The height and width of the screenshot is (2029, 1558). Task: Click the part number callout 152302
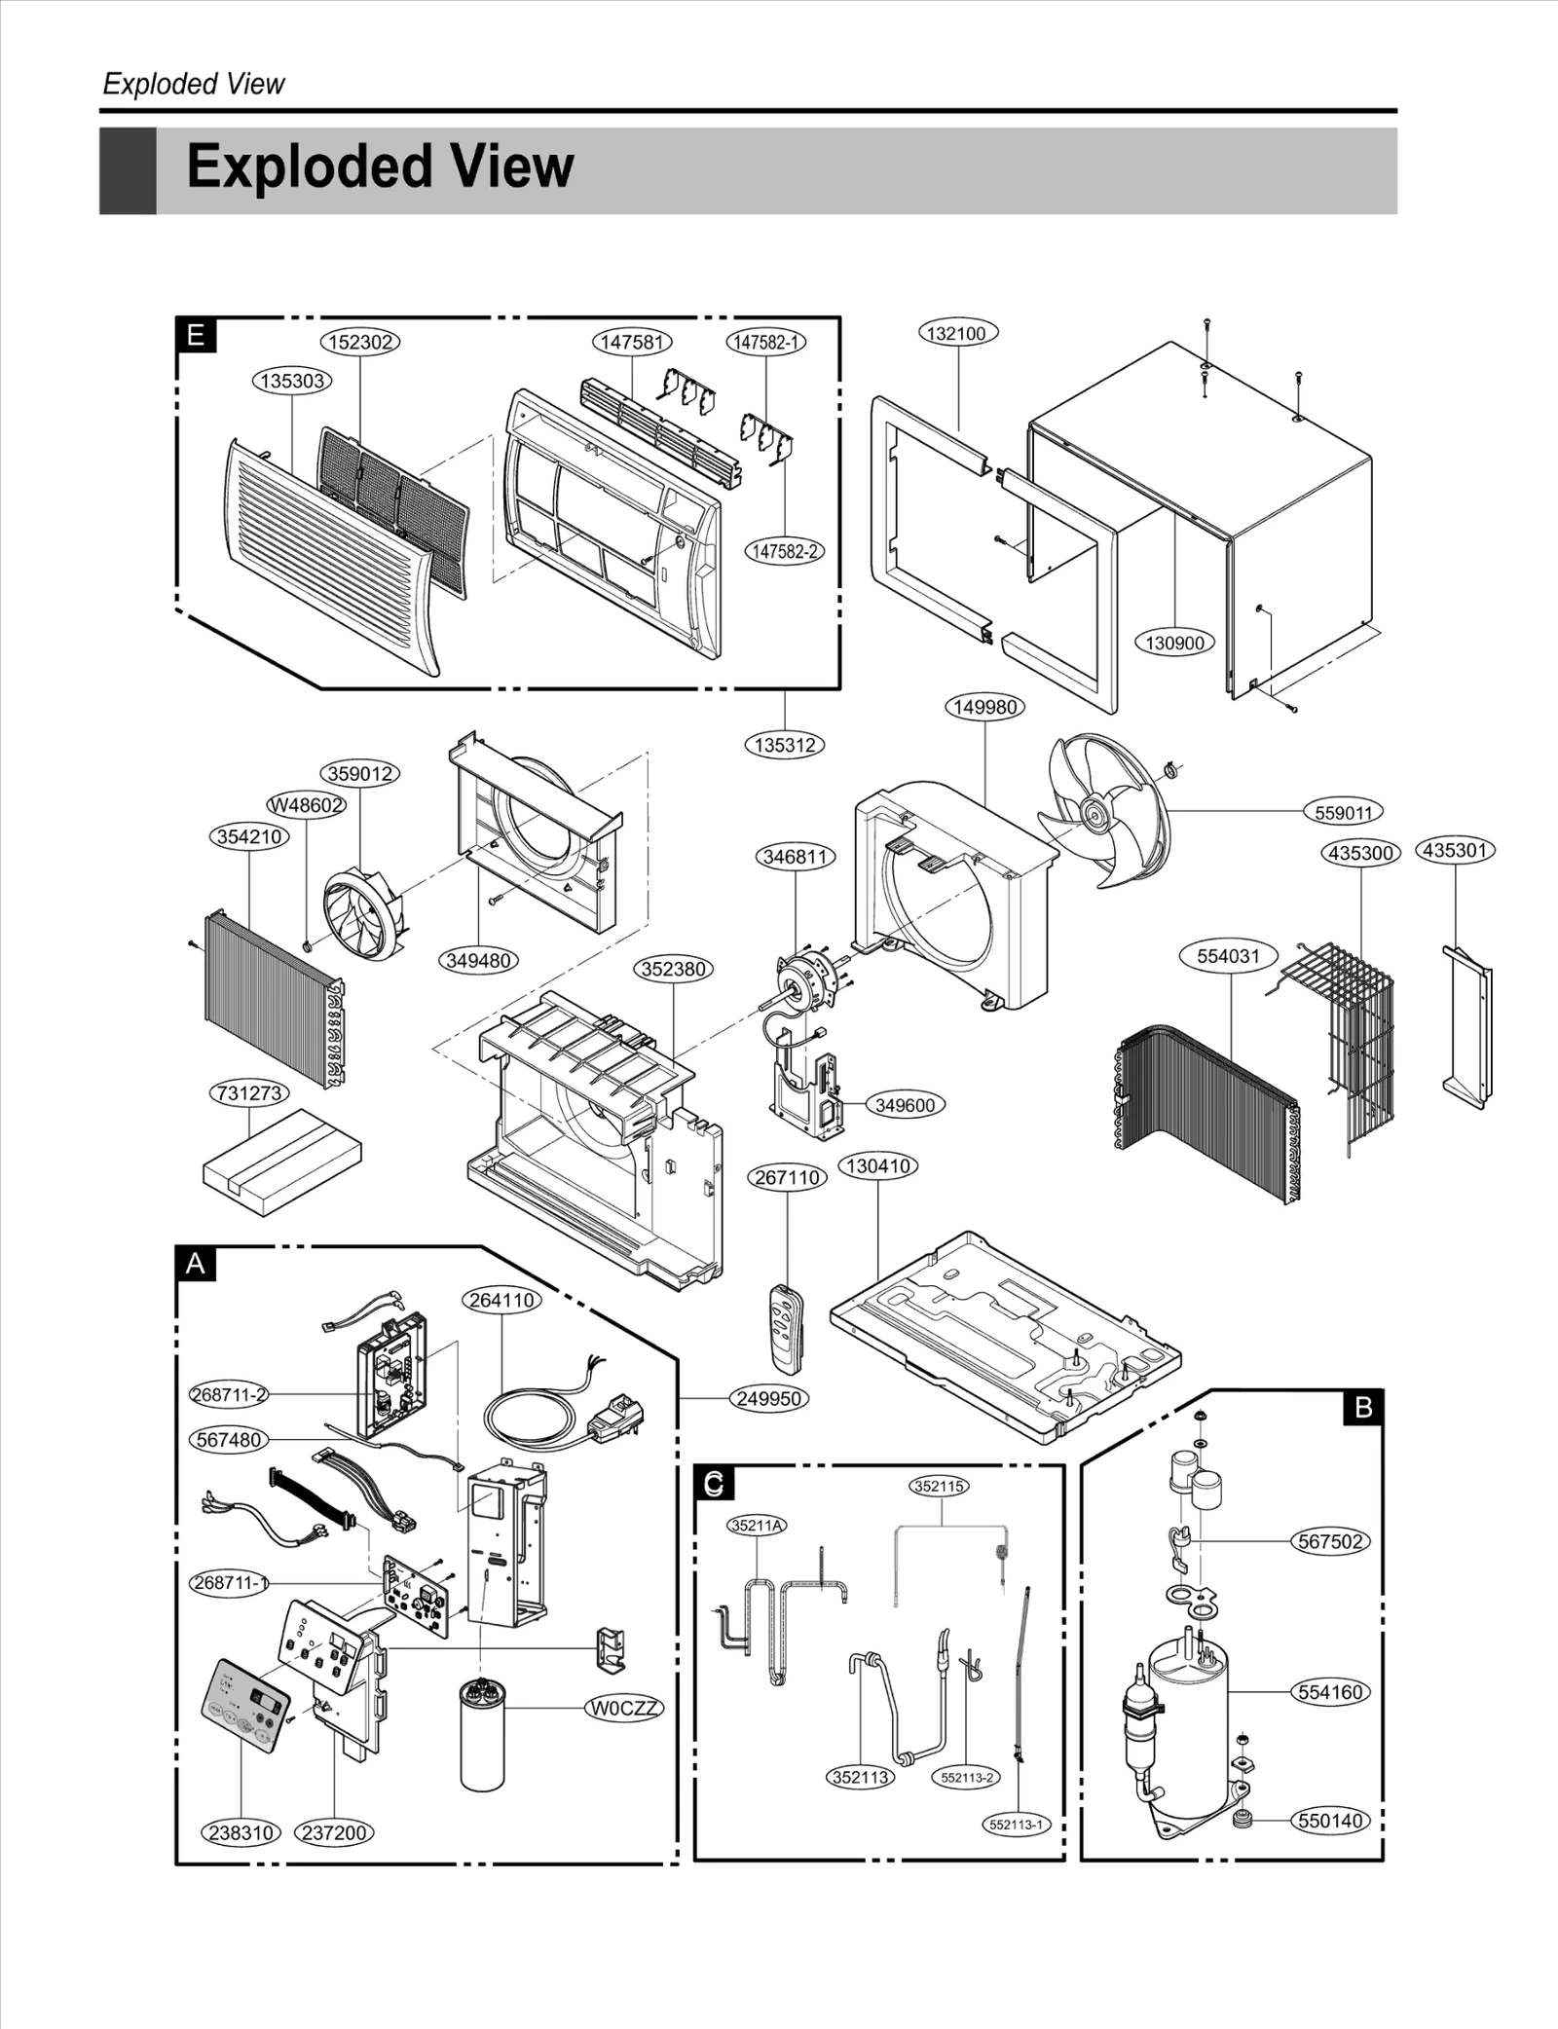(x=360, y=342)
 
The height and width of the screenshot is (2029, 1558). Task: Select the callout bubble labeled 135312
(x=784, y=745)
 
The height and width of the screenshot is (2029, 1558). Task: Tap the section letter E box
(x=196, y=336)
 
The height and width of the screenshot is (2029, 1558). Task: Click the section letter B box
(x=1362, y=1407)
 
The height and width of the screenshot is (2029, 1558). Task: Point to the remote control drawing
(x=785, y=1329)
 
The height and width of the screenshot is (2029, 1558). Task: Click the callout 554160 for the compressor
(x=1330, y=1692)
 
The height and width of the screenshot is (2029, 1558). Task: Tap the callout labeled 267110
(x=788, y=1177)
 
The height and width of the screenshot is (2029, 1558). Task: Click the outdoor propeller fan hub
(x=1095, y=810)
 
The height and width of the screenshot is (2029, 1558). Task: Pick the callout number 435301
(x=1455, y=850)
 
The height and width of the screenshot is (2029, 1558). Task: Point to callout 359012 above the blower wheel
(x=360, y=774)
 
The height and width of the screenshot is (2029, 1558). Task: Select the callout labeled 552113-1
(x=1016, y=1825)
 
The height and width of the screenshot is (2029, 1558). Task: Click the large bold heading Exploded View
(x=380, y=167)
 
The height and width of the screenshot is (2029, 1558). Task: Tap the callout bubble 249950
(x=769, y=1399)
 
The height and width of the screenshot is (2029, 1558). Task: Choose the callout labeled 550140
(x=1330, y=1821)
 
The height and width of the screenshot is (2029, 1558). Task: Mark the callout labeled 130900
(x=1174, y=643)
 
